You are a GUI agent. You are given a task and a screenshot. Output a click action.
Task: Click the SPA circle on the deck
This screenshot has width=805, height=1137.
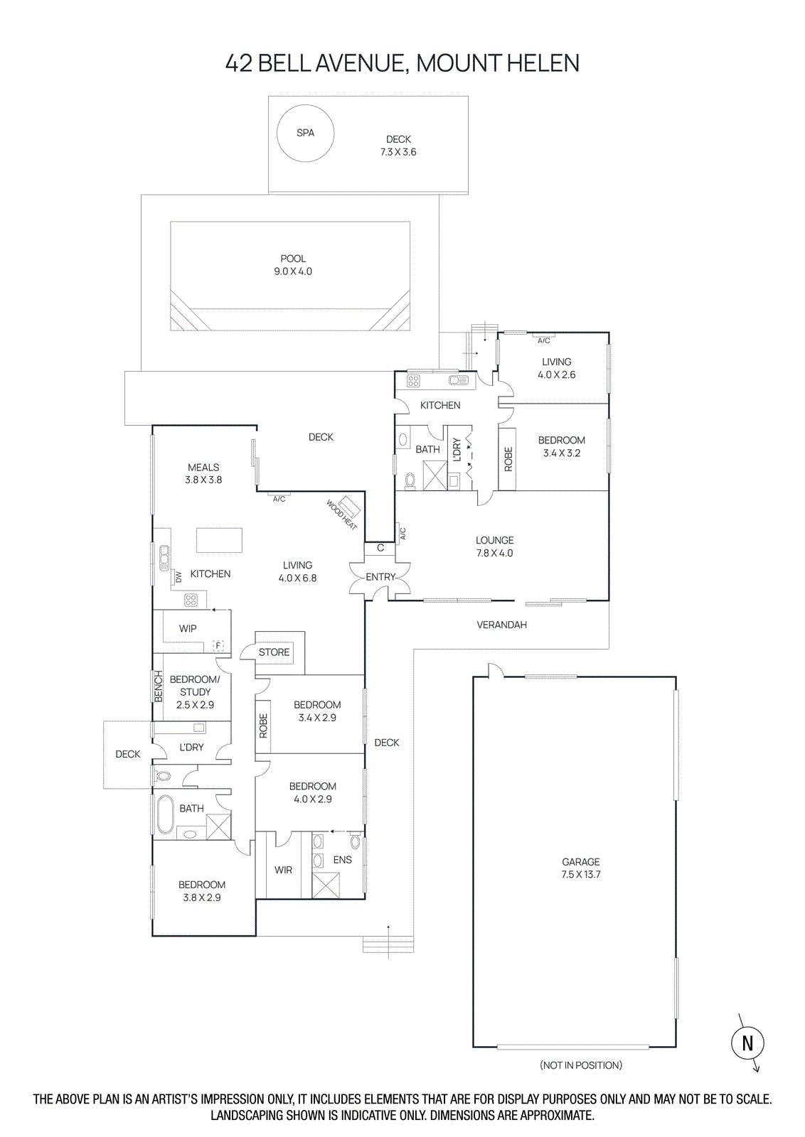305,133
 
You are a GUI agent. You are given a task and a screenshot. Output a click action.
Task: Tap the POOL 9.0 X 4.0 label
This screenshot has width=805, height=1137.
293,265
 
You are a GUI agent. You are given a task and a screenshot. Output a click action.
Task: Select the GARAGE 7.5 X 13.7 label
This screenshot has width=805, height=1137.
580,868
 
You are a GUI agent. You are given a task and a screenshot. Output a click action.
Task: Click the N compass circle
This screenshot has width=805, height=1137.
747,1042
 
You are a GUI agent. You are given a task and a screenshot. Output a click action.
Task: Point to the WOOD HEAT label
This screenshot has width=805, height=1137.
341,514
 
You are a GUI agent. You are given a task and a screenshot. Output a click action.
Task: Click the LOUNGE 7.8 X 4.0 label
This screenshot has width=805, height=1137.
494,546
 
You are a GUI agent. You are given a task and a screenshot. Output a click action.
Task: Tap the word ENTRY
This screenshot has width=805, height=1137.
380,577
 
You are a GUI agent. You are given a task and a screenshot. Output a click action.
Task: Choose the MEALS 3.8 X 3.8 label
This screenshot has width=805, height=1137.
203,473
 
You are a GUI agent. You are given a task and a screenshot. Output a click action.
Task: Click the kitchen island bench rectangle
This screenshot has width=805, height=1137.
219,540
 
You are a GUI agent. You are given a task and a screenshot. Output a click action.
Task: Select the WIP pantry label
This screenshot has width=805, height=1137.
188,628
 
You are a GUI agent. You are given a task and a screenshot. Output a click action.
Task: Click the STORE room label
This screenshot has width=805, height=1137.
274,652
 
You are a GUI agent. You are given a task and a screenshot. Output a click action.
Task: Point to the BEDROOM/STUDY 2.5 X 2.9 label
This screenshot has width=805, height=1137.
195,691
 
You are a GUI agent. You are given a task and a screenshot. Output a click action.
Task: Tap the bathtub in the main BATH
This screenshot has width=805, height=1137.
165,814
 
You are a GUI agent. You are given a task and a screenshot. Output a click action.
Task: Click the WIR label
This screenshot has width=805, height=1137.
283,870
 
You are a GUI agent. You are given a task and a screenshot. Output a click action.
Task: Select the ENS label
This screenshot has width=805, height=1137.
342,859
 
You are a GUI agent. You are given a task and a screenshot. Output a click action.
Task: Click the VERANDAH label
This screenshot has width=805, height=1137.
501,625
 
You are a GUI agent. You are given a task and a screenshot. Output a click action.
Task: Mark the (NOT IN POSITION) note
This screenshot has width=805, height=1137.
580,1065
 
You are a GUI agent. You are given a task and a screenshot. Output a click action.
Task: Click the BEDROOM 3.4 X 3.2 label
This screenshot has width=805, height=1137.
561,446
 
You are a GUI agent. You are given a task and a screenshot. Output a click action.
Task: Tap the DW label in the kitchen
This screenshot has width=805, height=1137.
178,577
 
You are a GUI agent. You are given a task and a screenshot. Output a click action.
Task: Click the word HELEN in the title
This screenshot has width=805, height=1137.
543,63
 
